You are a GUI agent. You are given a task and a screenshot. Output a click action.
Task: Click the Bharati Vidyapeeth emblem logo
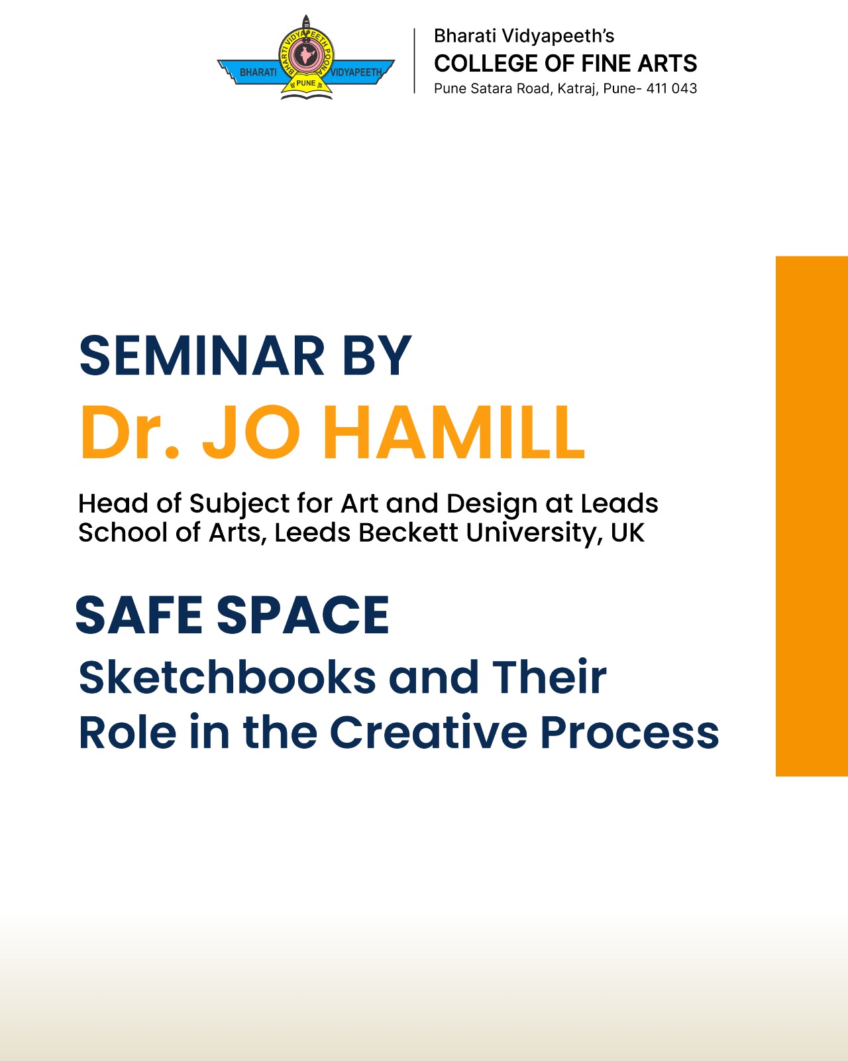[x=305, y=58]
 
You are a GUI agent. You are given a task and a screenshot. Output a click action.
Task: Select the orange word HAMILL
[x=454, y=432]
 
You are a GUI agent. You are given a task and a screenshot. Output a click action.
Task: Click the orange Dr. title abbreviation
[x=129, y=432]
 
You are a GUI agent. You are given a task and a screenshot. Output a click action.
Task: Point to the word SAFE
[x=139, y=615]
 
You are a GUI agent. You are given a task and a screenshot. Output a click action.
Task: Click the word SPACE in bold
[x=303, y=615]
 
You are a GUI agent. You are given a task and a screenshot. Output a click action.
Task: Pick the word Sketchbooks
[x=227, y=678]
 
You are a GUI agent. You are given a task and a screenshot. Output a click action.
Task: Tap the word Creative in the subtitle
[x=428, y=733]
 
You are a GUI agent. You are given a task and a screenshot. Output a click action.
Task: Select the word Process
[x=630, y=733]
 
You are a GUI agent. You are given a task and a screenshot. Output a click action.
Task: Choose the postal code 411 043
[x=672, y=89]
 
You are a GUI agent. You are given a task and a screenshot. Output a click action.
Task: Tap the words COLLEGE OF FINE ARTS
[x=565, y=64]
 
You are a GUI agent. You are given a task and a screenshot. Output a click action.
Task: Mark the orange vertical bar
[x=812, y=516]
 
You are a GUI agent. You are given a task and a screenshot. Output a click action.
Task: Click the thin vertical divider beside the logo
[x=414, y=60]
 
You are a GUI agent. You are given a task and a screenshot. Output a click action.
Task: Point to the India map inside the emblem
[x=305, y=54]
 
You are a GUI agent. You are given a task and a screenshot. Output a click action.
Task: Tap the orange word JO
[x=251, y=432]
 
